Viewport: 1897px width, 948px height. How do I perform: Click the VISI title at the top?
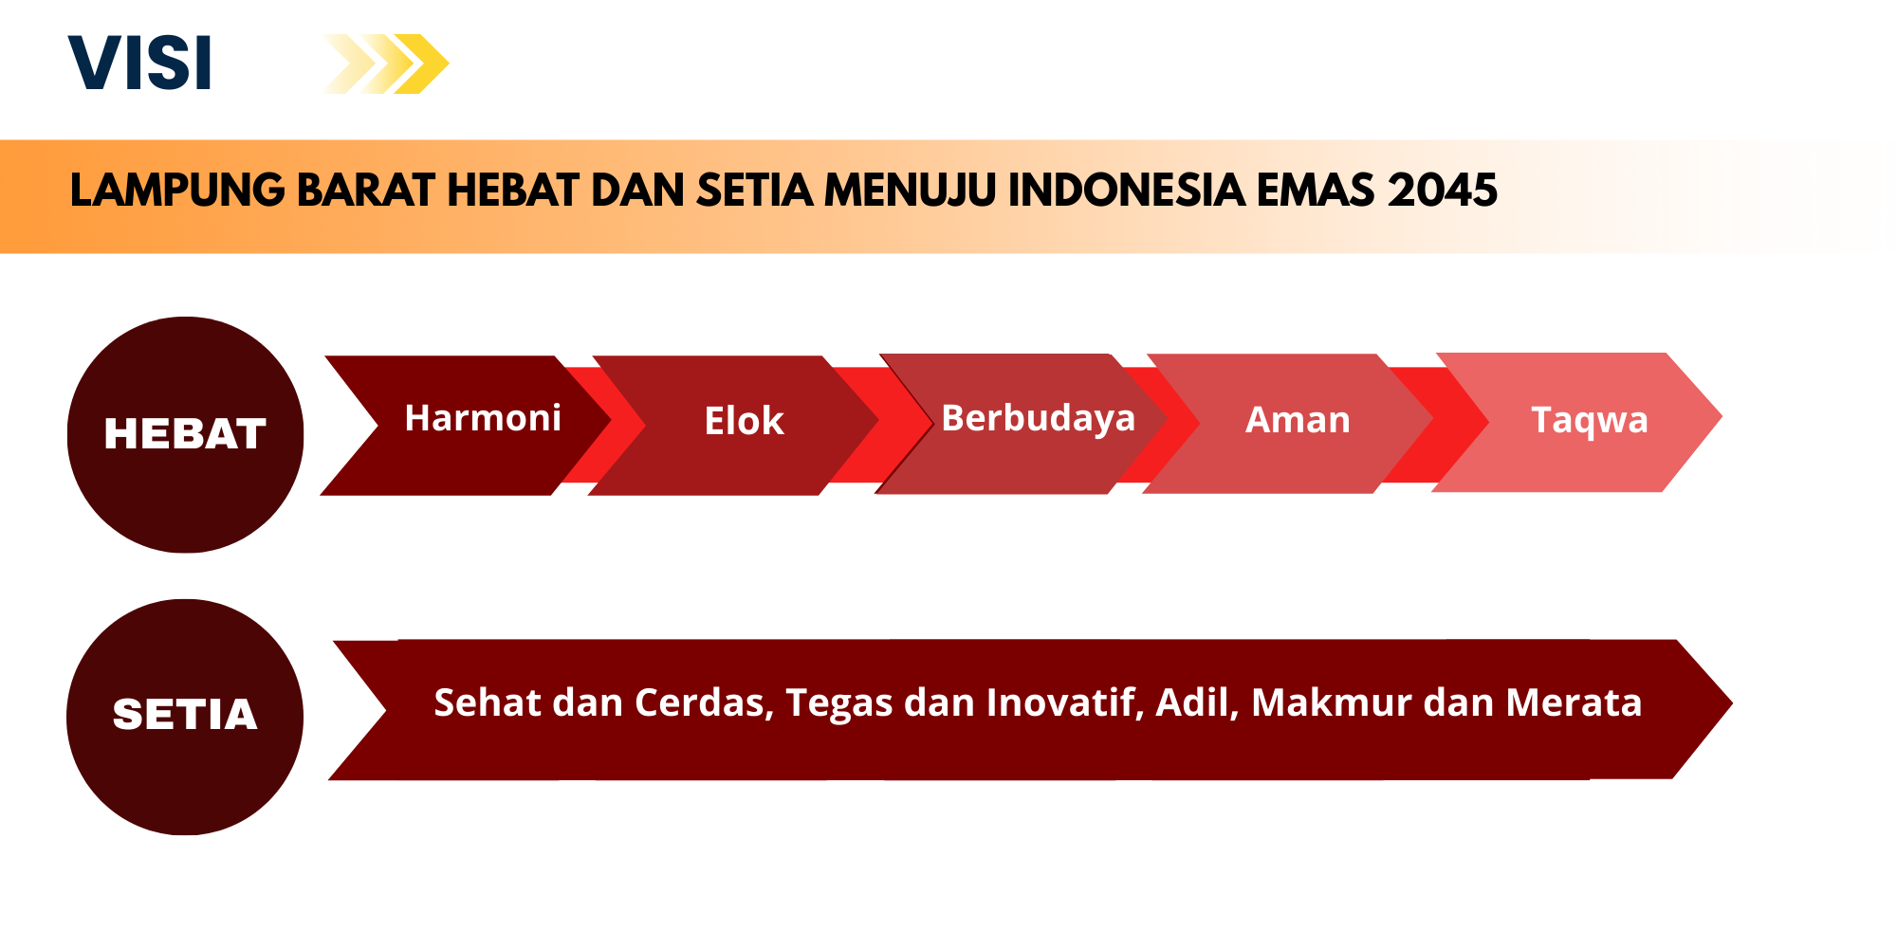pyautogui.click(x=139, y=64)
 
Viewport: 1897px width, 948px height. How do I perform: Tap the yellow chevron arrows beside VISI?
pyautogui.click(x=384, y=64)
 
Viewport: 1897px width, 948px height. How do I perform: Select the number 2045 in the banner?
pyautogui.click(x=1442, y=191)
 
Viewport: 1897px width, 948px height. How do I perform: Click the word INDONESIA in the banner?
pyautogui.click(x=1126, y=191)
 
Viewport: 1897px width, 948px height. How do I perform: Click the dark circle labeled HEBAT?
pyautogui.click(x=186, y=434)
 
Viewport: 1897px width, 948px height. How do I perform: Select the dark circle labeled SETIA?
pyautogui.click(x=185, y=717)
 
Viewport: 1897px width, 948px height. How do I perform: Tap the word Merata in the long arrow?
pyautogui.click(x=1574, y=702)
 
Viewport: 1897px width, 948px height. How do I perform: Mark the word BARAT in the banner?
pyautogui.click(x=366, y=191)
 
